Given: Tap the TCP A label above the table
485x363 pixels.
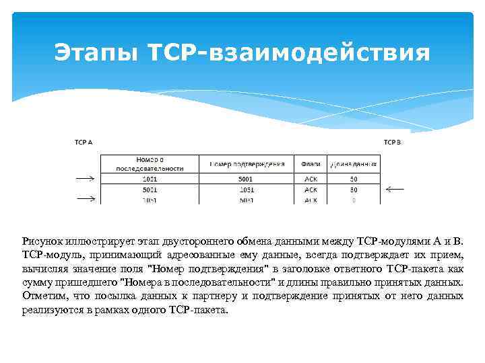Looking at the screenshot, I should coord(83,143).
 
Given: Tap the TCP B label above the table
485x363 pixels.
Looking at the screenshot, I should coord(392,143).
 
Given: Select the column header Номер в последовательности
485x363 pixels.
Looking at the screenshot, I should coord(150,163).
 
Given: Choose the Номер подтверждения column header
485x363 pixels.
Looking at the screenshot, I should coord(247,163).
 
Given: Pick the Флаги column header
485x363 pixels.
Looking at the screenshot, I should coord(311,163).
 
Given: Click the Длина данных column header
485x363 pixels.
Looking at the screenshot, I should coord(354,163).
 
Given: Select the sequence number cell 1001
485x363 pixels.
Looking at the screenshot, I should coord(150,179).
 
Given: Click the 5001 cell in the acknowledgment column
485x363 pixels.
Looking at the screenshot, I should coord(247,179).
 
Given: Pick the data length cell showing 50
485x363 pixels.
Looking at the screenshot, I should coord(354,179).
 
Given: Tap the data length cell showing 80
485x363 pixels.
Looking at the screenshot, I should coord(354,190).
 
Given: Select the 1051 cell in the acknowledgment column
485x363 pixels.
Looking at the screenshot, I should coord(247,190).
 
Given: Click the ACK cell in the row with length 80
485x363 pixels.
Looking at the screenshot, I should coord(311,190).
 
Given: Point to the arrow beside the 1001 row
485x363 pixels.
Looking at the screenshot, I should coord(86,179).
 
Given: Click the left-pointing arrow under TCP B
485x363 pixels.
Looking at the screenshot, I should coord(395,190).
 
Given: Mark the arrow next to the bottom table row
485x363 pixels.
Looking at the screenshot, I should coord(86,199).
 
